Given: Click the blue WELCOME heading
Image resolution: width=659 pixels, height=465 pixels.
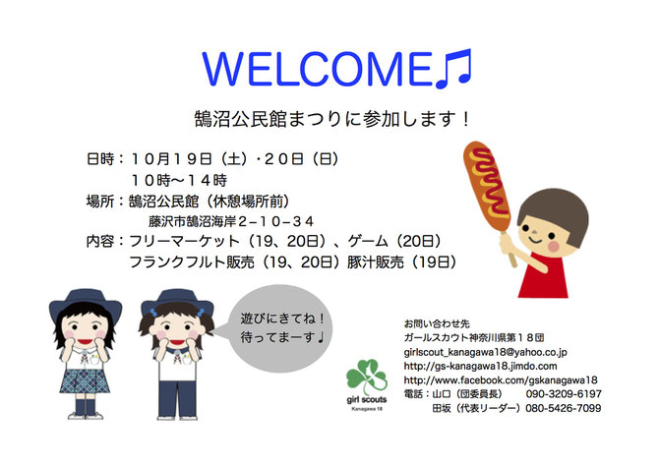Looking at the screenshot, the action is click(318, 70).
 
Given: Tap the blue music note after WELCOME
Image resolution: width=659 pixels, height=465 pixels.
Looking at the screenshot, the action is click(453, 70).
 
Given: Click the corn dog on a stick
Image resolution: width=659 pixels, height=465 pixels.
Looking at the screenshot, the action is click(490, 189).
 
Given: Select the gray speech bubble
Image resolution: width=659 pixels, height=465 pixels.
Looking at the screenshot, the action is click(279, 328).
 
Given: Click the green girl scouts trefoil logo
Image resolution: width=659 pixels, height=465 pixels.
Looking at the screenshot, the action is click(367, 378).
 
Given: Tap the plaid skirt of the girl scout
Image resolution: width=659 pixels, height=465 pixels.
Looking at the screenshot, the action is click(85, 381).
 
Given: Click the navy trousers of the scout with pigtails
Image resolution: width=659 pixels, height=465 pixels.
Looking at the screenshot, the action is click(177, 398).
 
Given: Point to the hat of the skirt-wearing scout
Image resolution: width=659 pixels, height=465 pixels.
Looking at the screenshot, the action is click(86, 303).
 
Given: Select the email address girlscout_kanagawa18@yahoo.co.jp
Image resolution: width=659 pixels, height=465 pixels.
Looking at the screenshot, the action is click(486, 352).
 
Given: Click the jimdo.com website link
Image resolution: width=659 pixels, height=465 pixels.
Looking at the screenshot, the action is click(480, 367).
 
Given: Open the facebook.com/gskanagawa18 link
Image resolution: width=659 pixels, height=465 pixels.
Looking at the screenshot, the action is click(501, 380).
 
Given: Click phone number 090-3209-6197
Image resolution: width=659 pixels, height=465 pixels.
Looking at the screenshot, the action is click(564, 394).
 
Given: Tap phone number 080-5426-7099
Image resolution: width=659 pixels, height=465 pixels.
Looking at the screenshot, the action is click(564, 408).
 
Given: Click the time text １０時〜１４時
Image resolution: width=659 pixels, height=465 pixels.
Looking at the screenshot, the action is click(179, 180).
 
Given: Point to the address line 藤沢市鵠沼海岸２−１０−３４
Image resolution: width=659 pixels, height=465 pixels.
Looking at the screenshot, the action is click(231, 221).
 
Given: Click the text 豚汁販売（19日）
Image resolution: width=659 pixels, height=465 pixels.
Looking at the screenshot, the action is click(402, 262).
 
